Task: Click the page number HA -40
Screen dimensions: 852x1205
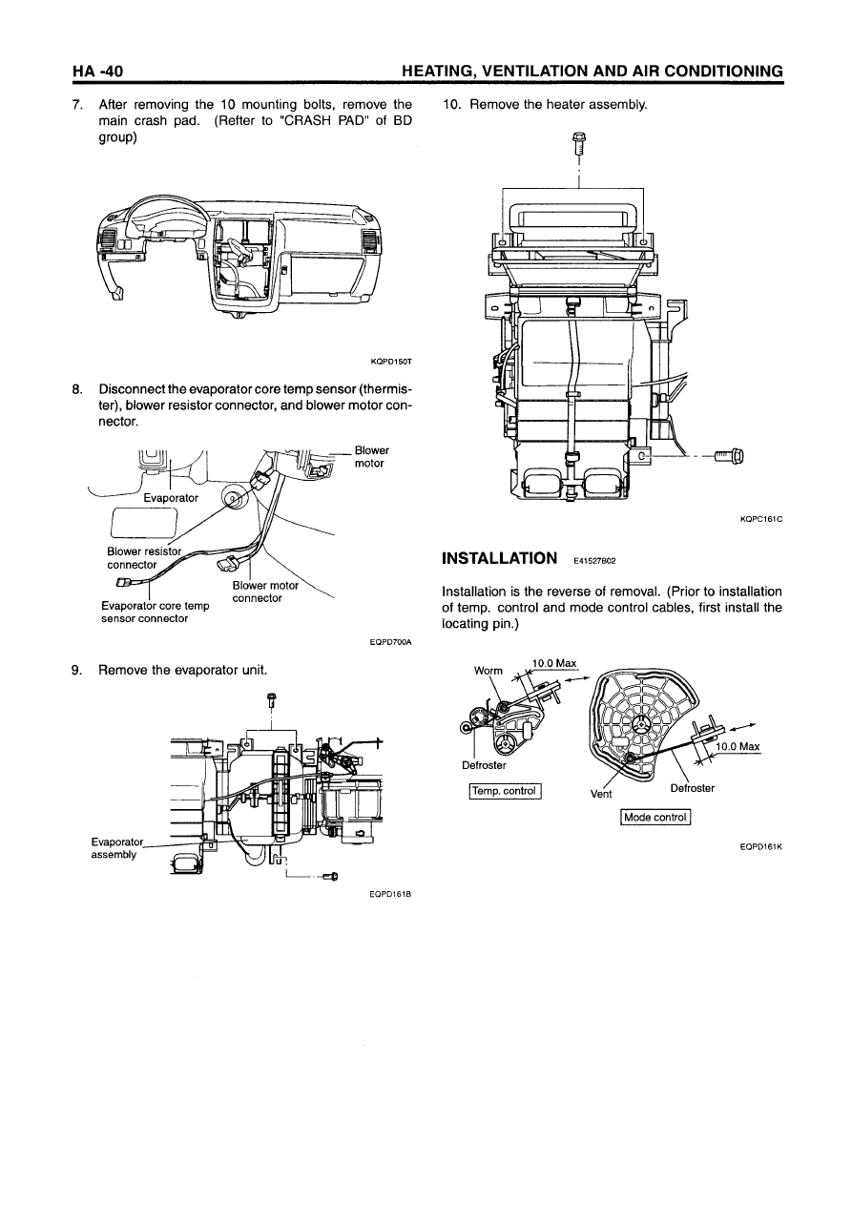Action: click(98, 71)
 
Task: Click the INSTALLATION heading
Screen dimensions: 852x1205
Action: click(499, 558)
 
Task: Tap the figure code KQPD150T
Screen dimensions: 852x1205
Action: click(391, 362)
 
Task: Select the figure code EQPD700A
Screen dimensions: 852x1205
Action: click(391, 642)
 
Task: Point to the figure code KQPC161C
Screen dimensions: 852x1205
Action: click(761, 519)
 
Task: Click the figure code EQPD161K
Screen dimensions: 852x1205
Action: click(761, 846)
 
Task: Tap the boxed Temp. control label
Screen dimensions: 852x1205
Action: click(505, 791)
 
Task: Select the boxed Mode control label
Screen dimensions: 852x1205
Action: click(655, 817)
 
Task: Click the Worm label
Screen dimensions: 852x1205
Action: click(488, 671)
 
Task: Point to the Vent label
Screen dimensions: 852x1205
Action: click(601, 794)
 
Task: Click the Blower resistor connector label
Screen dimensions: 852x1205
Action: click(144, 558)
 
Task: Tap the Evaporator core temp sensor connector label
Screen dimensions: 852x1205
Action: click(155, 613)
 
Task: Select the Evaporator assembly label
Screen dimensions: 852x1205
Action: click(116, 848)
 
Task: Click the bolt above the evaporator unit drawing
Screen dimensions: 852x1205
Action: click(272, 700)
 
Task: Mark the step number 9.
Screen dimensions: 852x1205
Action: click(77, 671)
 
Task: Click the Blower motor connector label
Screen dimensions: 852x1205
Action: click(265, 592)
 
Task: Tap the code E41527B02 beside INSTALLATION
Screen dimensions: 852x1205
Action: click(594, 561)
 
